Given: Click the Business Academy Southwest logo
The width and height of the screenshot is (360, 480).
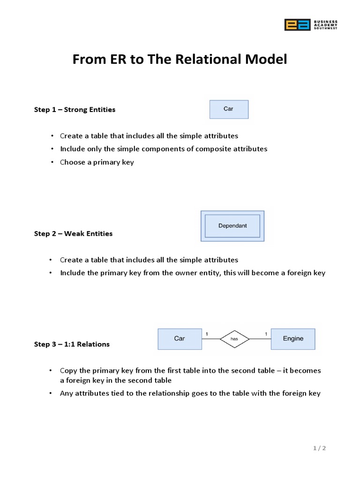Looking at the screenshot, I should [x=310, y=25].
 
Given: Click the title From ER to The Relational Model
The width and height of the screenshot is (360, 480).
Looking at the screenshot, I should [x=180, y=60].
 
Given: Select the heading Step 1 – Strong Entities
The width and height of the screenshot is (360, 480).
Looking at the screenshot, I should [x=75, y=110].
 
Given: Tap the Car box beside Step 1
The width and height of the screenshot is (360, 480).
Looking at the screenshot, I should [x=229, y=109].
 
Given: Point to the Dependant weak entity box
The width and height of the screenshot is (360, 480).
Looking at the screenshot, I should [x=232, y=226].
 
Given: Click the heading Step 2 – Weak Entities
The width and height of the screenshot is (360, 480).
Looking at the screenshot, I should [x=73, y=233].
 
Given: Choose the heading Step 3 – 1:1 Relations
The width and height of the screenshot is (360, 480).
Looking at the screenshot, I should [x=72, y=344].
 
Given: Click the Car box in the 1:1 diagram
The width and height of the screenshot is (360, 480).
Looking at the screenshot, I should [x=179, y=339].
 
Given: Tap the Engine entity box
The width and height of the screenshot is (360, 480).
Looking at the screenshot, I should [x=293, y=339].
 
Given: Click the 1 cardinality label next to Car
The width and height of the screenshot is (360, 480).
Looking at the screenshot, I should [x=207, y=334].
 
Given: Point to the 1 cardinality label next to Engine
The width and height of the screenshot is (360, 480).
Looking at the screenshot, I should [x=266, y=334].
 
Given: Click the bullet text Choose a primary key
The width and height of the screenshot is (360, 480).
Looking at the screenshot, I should [x=97, y=162].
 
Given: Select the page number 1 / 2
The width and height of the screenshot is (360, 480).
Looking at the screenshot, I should [x=320, y=448].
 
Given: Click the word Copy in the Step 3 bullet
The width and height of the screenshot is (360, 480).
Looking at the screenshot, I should [x=68, y=370].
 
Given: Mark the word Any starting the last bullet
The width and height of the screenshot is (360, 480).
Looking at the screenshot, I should [x=67, y=393].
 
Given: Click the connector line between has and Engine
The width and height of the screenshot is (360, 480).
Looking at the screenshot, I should [x=260, y=339].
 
